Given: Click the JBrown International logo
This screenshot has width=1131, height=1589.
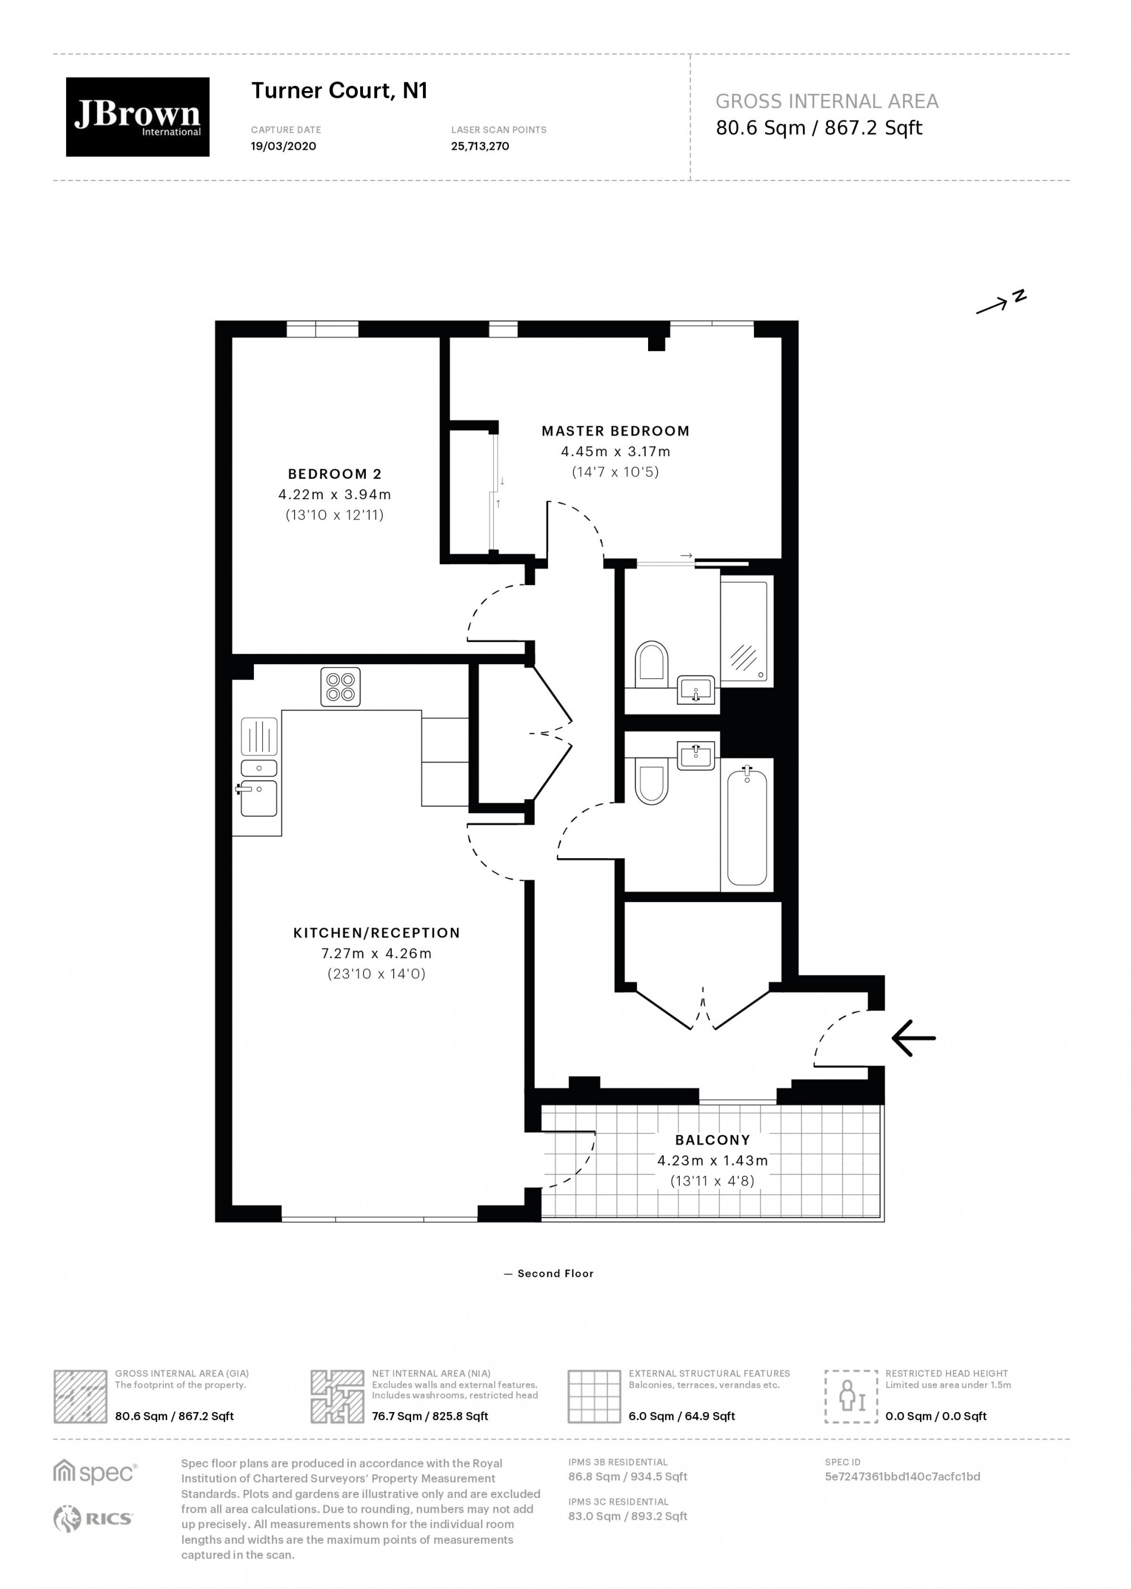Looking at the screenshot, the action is [138, 117].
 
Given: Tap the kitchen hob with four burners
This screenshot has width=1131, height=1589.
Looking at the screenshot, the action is [340, 687].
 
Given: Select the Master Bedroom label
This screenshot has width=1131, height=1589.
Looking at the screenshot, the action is [616, 431].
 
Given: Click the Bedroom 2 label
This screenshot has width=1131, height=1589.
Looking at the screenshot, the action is [335, 474].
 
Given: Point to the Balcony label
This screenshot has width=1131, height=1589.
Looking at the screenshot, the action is [713, 1140].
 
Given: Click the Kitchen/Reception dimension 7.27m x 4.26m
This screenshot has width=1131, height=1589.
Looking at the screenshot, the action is [377, 954].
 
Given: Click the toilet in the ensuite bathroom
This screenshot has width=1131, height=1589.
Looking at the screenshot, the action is [652, 660].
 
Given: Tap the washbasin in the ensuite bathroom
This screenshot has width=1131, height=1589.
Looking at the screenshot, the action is [696, 690].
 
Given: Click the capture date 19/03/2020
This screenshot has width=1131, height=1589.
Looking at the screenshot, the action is [283, 146].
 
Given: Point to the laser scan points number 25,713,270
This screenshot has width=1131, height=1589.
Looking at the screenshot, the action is [480, 146].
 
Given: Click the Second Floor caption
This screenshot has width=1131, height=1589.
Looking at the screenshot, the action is [556, 1274].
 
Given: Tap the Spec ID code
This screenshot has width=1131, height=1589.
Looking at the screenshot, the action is [903, 1477].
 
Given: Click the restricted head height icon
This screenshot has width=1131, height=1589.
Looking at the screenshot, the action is [851, 1396].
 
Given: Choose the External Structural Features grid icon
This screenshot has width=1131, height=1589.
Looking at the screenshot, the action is [594, 1396].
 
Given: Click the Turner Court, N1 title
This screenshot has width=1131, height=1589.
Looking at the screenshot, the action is [339, 91].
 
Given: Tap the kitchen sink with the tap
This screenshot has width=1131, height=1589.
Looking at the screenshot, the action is [258, 798].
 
